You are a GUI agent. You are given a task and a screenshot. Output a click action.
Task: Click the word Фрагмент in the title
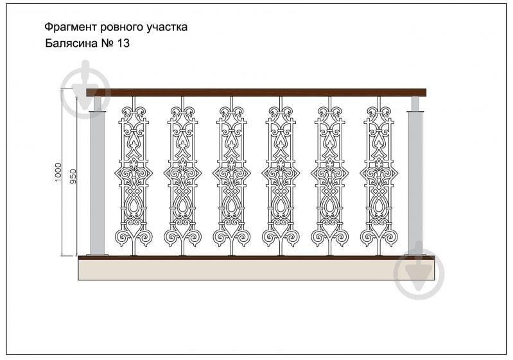(x=71, y=27)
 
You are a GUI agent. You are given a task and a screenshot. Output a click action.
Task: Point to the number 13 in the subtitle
(x=123, y=43)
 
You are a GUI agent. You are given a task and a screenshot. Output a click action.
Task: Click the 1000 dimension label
(x=58, y=173)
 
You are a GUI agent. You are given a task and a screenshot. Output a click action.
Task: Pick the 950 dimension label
(x=73, y=176)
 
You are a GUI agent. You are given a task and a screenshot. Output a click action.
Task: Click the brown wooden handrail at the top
(x=256, y=92)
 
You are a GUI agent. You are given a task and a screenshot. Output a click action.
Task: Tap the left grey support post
(x=98, y=176)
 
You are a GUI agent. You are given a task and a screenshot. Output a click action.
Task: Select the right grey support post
(x=415, y=176)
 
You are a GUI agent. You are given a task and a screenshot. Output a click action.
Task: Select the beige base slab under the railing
(x=256, y=270)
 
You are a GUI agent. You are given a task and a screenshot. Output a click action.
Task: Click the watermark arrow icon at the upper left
(x=86, y=89)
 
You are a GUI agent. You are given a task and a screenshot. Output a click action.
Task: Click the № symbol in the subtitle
(x=107, y=43)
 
